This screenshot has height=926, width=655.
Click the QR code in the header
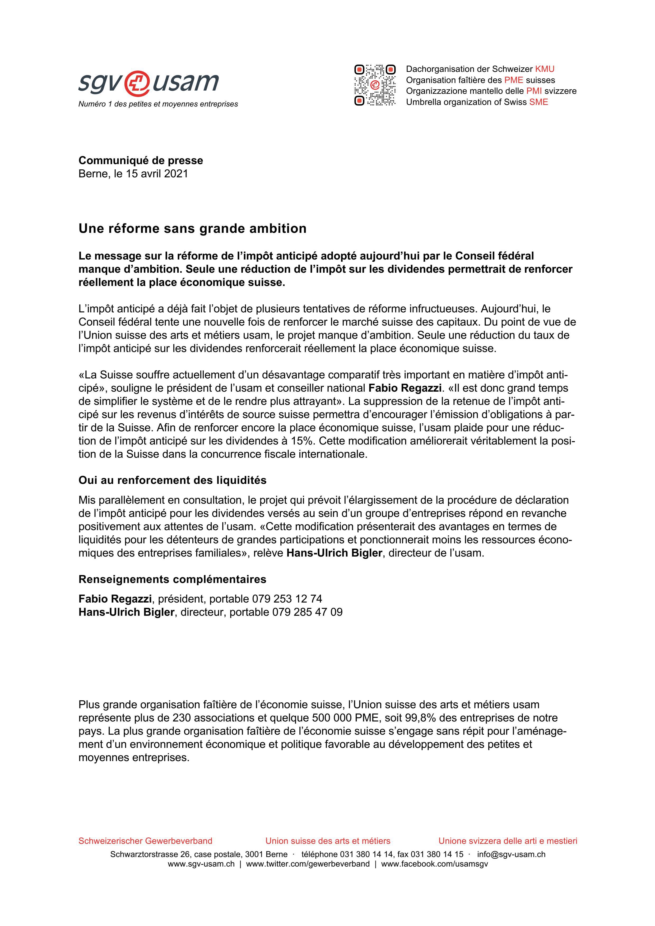pyautogui.click(x=375, y=85)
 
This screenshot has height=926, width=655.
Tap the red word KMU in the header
pyautogui.click(x=545, y=69)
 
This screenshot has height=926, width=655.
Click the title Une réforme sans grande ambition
pyautogui.click(x=192, y=229)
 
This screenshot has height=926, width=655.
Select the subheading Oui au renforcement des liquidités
pyautogui.click(x=172, y=480)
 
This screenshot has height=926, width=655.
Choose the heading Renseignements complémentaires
pyautogui.click(x=172, y=579)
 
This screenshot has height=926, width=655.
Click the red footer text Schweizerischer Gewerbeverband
pyautogui.click(x=145, y=841)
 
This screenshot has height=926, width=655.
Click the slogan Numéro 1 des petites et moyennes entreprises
pyautogui.click(x=158, y=104)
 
